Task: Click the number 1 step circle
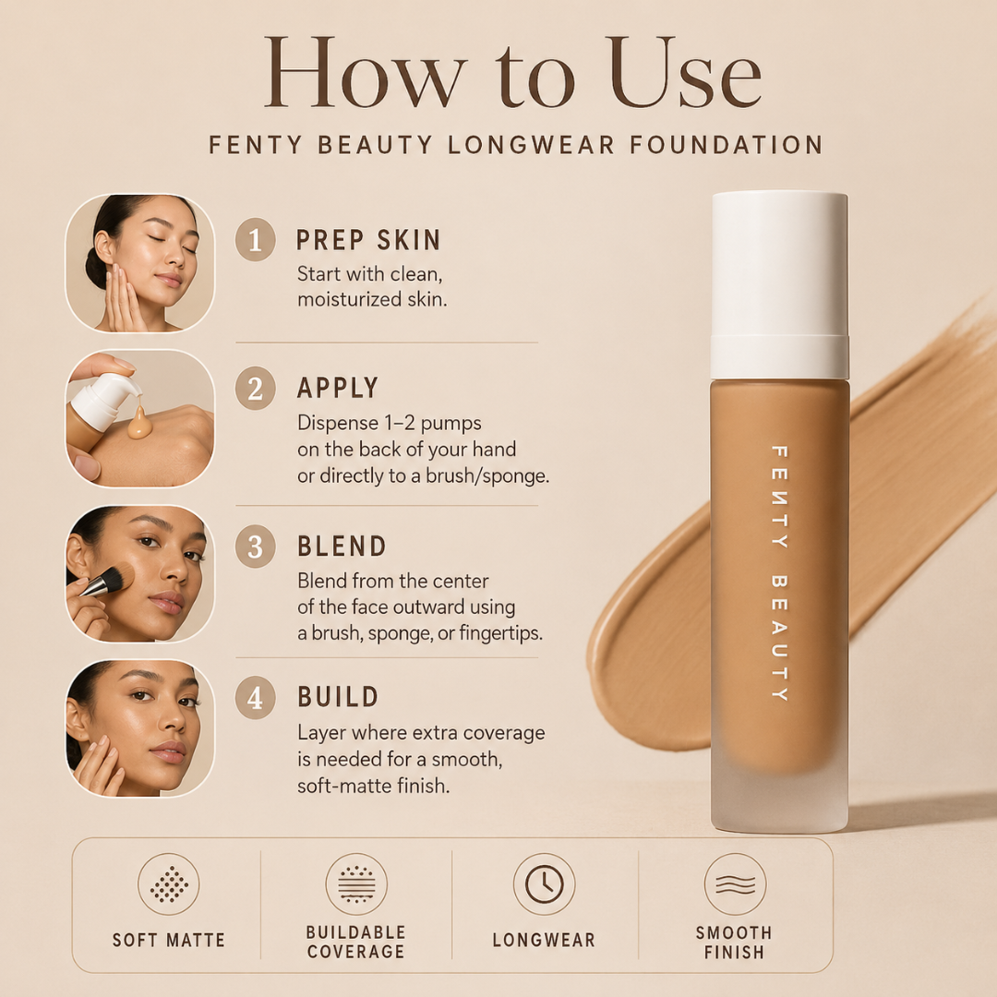tap(255, 240)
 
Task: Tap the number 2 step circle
tap(255, 389)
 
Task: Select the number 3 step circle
tap(255, 547)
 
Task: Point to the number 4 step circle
tap(255, 698)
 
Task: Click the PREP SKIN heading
tap(368, 240)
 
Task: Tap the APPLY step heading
tap(338, 388)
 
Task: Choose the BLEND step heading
tap(342, 547)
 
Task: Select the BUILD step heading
tap(338, 697)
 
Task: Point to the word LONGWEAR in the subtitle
tap(532, 145)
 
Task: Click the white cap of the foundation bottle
tap(779, 285)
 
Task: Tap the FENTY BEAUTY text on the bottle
tap(779, 573)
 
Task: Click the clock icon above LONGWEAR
tap(545, 883)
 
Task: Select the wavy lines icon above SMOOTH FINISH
tap(735, 883)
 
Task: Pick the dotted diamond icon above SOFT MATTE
tap(169, 883)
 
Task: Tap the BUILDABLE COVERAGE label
tap(355, 942)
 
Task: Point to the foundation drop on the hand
tap(139, 422)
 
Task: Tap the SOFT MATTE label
tap(169, 941)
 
